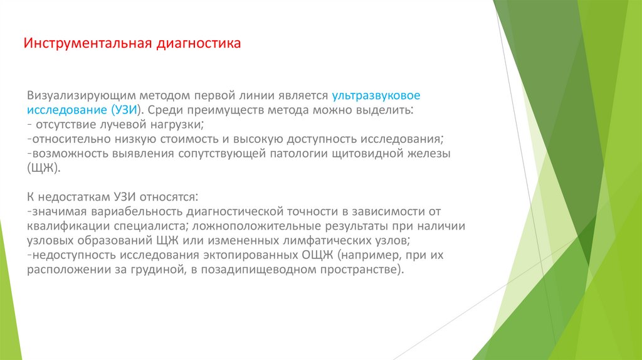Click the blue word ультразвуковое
coord(376,96)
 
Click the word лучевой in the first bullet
coord(118,125)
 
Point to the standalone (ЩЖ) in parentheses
coord(43,168)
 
